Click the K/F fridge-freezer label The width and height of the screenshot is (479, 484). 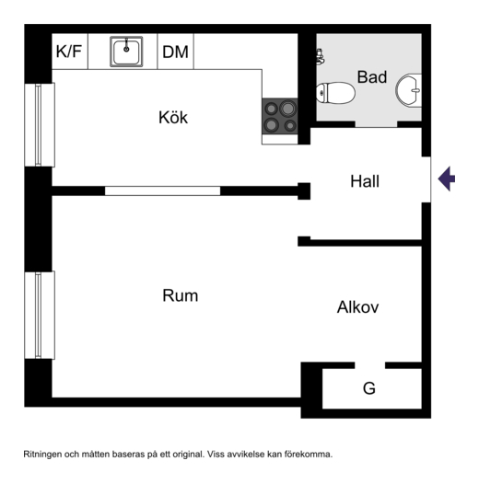tap(69, 52)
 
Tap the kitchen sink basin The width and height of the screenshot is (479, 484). tap(126, 52)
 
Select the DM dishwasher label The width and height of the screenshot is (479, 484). tap(175, 52)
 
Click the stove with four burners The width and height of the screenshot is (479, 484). tap(280, 116)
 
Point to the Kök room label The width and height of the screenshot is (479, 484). tap(173, 117)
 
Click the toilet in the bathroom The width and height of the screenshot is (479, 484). tap(335, 93)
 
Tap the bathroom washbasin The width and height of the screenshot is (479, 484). tap(409, 90)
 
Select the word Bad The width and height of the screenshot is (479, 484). tap(372, 77)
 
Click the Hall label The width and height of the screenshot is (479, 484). tap(365, 181)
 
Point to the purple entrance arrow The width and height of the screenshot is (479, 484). tap(447, 179)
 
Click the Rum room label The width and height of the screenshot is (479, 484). tap(181, 295)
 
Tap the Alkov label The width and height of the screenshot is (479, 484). tap(357, 307)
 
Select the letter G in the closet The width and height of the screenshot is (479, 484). tap(369, 388)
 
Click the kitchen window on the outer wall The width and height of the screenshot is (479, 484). tap(40, 125)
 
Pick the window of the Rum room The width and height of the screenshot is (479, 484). tap(40, 316)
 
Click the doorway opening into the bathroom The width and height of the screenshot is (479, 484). tap(376, 124)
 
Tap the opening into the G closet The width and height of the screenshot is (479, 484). tap(370, 365)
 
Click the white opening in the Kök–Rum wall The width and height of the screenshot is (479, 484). tap(162, 190)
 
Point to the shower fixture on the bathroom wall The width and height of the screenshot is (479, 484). tap(321, 57)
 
